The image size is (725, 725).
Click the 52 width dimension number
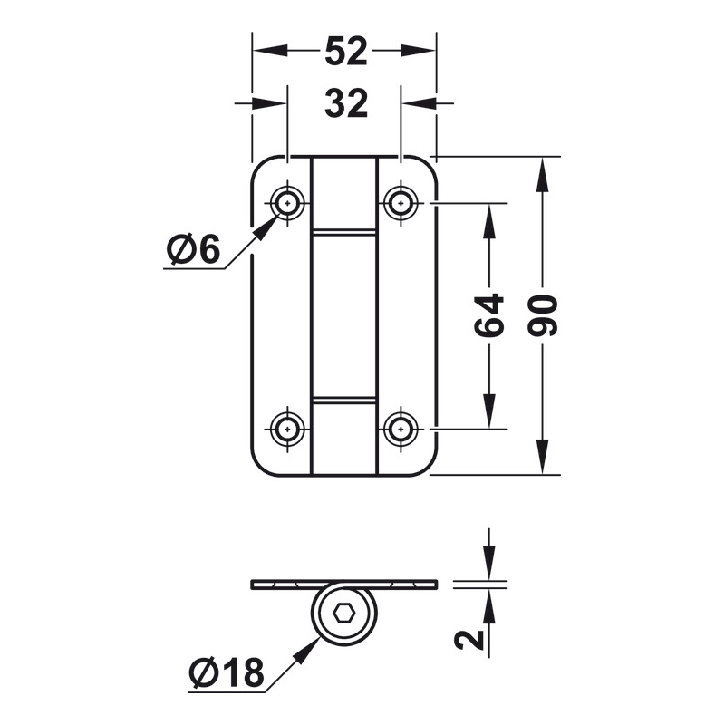[345, 53]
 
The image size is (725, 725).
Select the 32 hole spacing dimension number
[345, 105]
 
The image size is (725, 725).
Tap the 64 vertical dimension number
[489, 314]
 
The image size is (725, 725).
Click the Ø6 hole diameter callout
[193, 249]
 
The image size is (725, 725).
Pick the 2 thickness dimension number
[469, 640]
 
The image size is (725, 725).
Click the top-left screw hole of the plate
[288, 203]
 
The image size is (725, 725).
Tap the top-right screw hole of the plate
[399, 203]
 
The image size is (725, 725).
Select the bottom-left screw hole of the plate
[288, 427]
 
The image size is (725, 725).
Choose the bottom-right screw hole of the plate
[399, 427]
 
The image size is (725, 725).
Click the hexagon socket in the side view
[344, 614]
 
